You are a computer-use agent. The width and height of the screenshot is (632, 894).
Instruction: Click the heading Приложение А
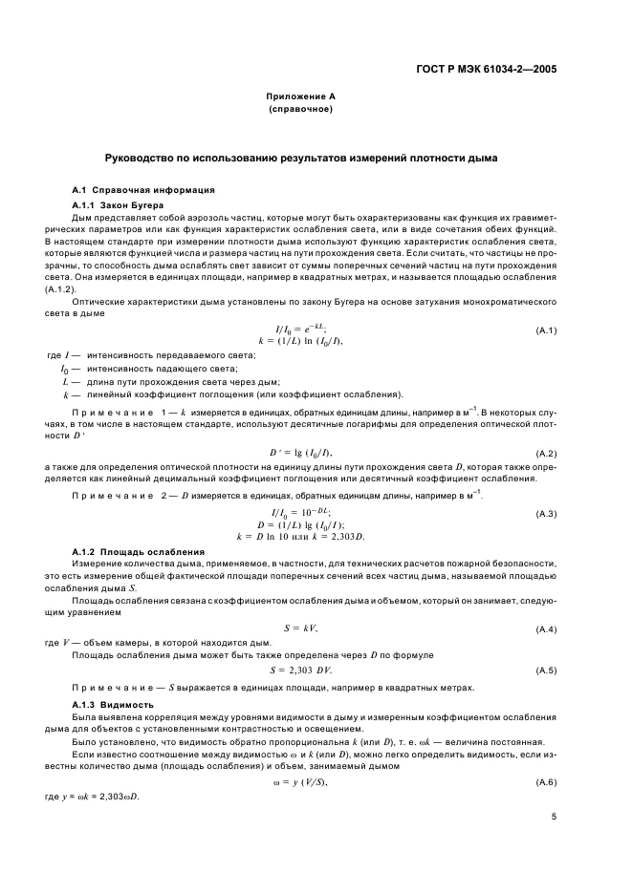click(x=300, y=97)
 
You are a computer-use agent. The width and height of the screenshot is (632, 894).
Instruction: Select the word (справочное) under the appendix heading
click(x=300, y=110)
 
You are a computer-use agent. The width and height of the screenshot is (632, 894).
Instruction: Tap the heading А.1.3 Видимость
click(x=113, y=704)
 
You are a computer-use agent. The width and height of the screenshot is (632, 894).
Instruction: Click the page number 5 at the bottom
click(x=554, y=817)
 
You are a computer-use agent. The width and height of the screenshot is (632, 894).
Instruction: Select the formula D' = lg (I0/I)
click(x=299, y=425)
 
